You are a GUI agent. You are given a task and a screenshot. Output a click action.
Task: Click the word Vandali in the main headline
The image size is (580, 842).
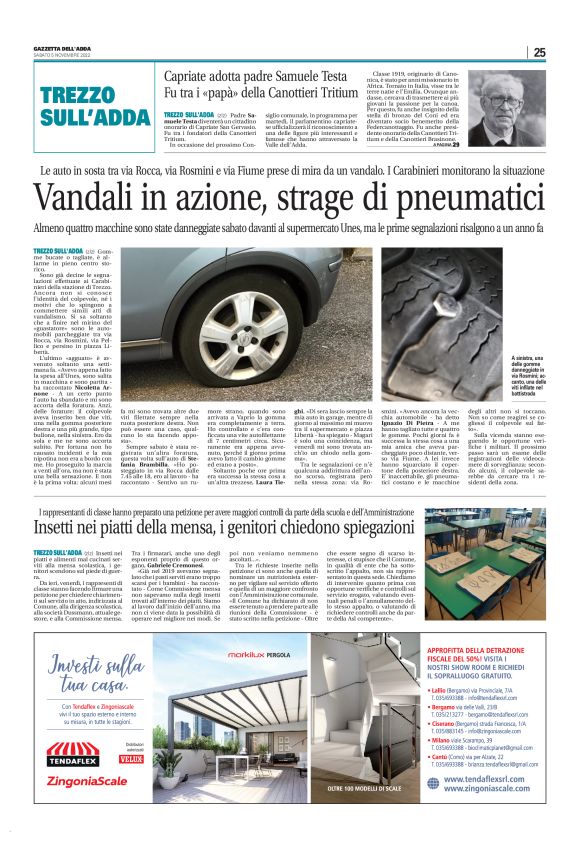coord(110,200)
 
